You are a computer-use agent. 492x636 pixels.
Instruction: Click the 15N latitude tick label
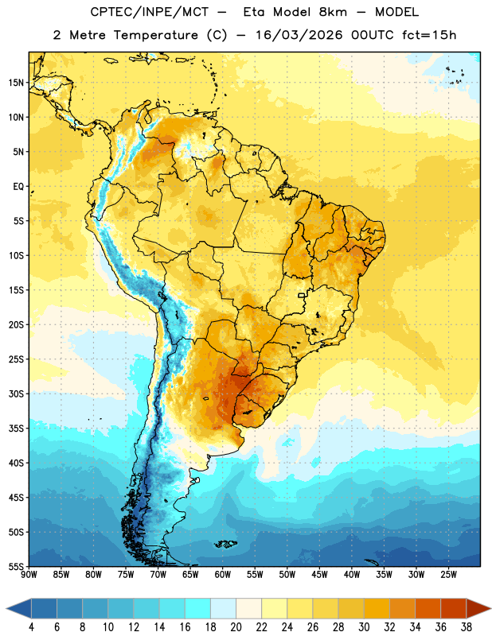[16, 83]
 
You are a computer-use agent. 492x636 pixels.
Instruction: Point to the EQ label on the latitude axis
[18, 187]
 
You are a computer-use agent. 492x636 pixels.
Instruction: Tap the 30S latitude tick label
[16, 394]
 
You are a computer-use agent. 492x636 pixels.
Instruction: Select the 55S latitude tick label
[16, 566]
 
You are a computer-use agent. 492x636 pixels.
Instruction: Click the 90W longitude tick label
[29, 574]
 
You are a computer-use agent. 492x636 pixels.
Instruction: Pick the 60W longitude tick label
[223, 574]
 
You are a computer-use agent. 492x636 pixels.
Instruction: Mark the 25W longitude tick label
[448, 574]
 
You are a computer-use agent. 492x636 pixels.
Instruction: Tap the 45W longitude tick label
[319, 574]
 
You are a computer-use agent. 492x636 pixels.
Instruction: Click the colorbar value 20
[236, 627]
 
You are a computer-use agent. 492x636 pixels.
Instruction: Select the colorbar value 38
[467, 627]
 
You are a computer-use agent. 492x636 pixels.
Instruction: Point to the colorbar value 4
[31, 627]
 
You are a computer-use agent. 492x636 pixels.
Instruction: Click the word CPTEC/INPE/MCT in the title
[150, 12]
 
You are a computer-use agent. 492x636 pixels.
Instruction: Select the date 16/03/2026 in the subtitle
[299, 35]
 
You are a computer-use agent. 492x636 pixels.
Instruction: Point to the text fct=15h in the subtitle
[429, 35]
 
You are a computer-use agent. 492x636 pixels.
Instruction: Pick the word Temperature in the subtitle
[155, 35]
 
